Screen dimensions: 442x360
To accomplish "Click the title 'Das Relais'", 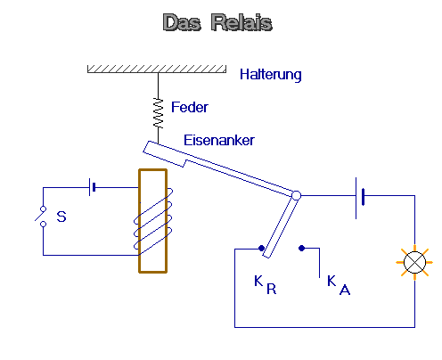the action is tap(217, 22).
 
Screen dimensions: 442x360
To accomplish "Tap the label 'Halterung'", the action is tap(271, 74).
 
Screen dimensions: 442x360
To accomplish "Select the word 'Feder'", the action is tap(190, 107).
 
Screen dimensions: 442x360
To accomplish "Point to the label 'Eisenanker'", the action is tap(219, 140).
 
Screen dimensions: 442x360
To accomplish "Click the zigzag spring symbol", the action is tap(158, 113).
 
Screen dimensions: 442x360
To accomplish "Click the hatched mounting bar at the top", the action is tap(157, 69).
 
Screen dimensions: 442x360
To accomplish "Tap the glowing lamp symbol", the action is tap(414, 262).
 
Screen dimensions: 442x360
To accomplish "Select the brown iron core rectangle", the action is tap(152, 221).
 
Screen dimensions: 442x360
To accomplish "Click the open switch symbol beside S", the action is tap(41, 217).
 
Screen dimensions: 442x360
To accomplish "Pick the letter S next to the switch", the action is tap(61, 217).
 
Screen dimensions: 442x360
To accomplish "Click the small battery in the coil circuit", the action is tap(93, 187).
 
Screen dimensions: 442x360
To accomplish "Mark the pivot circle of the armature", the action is tap(296, 195).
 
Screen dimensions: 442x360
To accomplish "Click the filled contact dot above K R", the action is tap(261, 248).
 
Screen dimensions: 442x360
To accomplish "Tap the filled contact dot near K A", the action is tap(301, 248).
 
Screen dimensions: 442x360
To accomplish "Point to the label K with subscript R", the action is tap(266, 284).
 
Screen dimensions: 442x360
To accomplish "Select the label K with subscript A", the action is tap(339, 285).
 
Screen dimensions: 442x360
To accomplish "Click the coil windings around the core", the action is tap(153, 222).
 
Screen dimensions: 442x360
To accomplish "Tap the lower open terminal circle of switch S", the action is tap(44, 224).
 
